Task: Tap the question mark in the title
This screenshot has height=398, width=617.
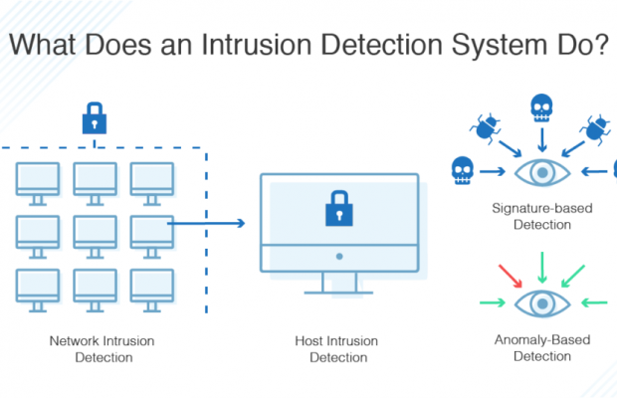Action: click(599, 46)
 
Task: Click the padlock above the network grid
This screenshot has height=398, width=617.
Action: click(95, 120)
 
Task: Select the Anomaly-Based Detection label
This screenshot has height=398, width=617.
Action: click(541, 347)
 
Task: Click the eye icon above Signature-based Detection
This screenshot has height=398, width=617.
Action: click(542, 171)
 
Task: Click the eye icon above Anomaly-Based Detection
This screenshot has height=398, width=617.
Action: click(542, 301)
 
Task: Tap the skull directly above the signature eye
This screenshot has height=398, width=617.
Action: click(541, 106)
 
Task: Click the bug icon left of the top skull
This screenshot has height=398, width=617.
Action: click(489, 126)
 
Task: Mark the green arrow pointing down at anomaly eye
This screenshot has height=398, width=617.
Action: click(542, 265)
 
